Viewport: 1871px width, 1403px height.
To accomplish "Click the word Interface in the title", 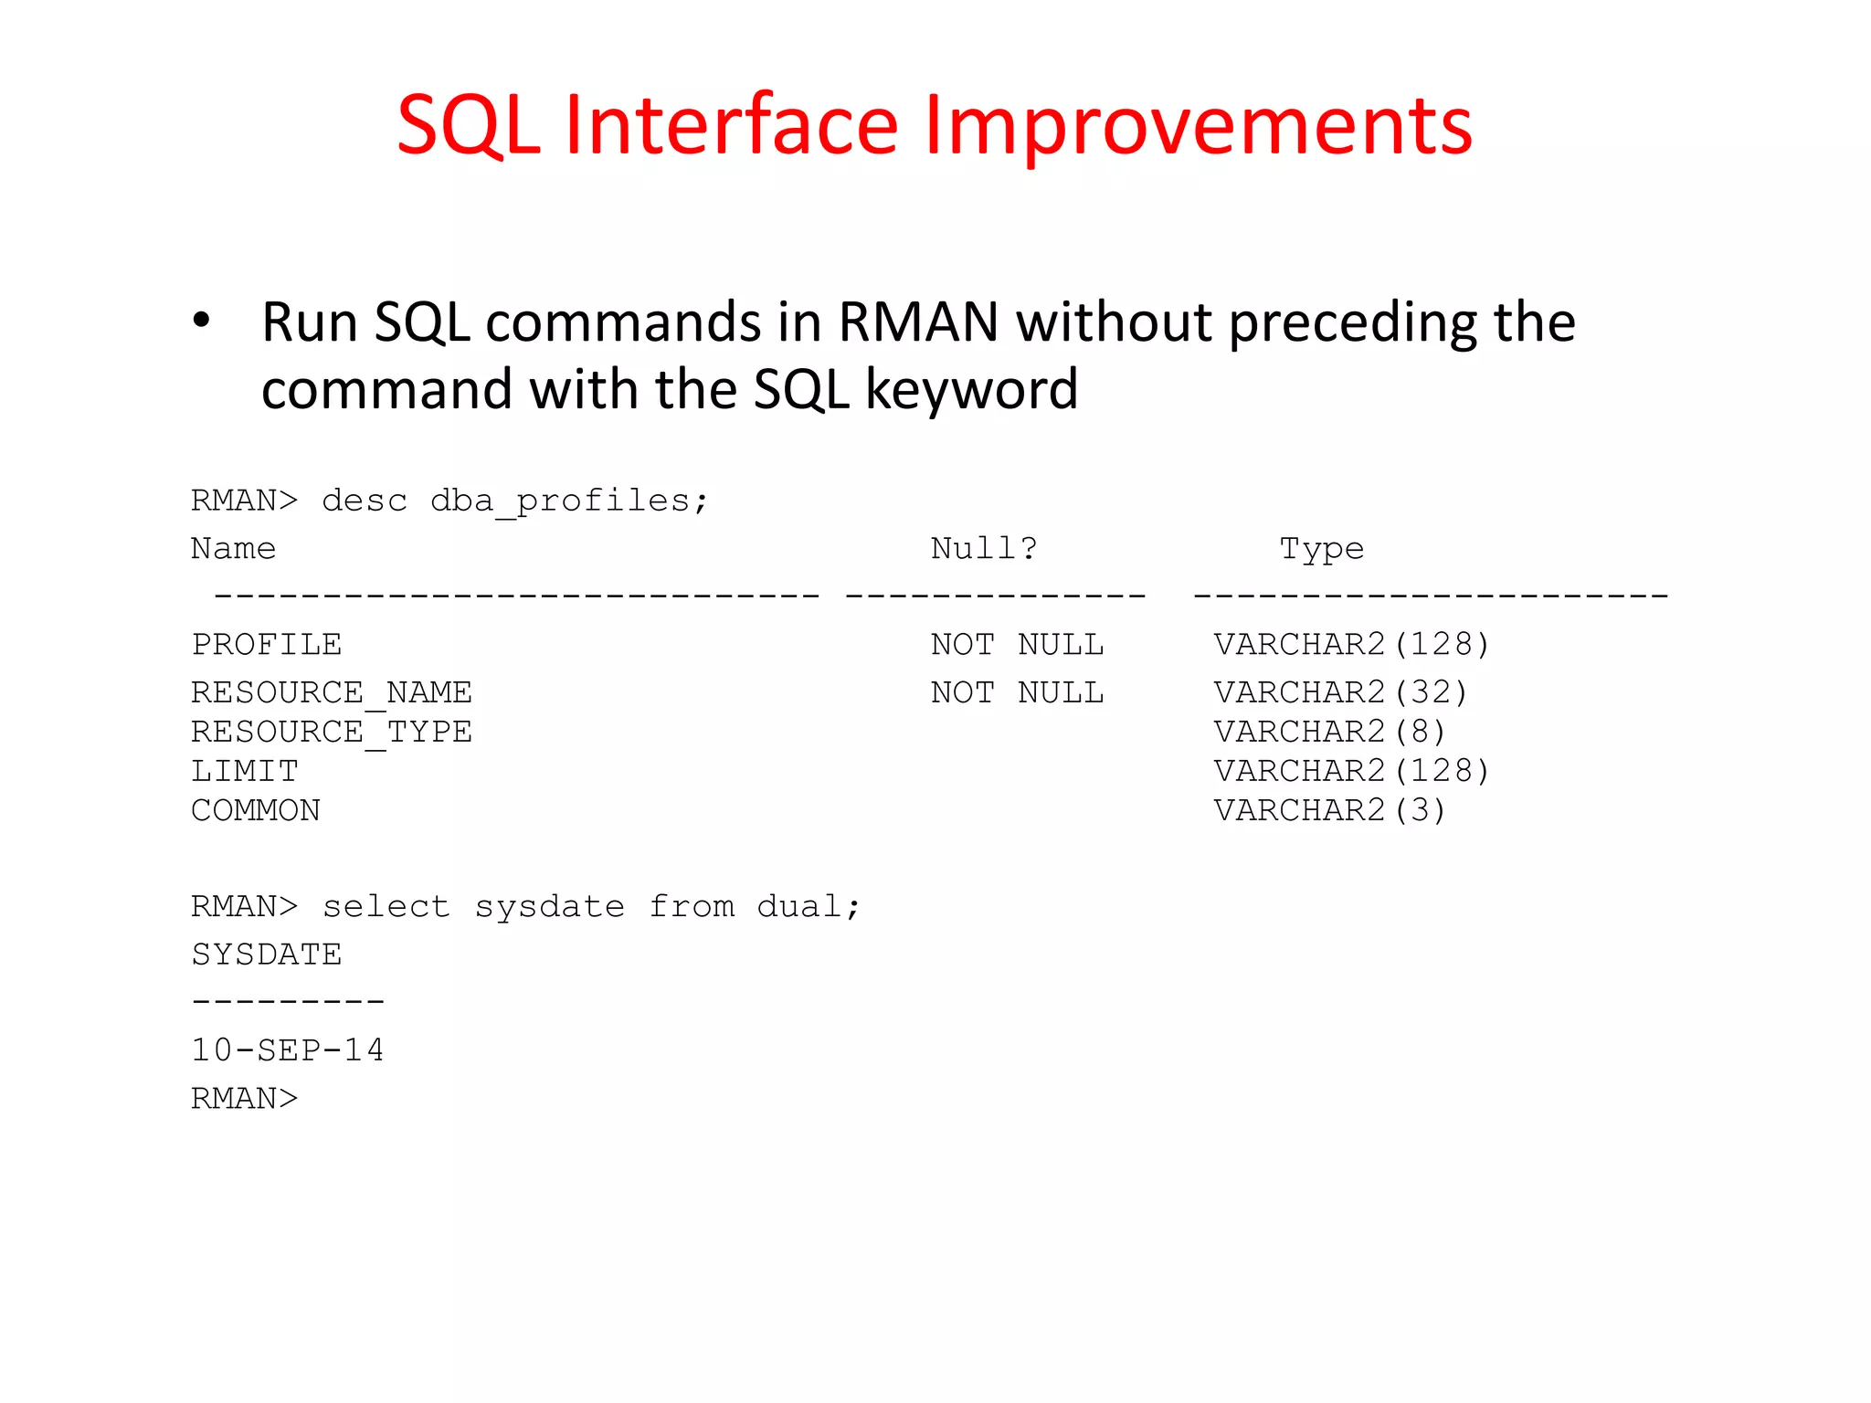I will point(731,125).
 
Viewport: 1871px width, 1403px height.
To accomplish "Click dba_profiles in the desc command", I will point(560,501).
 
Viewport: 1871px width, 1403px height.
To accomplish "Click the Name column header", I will point(233,548).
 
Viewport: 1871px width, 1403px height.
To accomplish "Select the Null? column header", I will point(984,548).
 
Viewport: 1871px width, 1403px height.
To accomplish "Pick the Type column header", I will point(1321,548).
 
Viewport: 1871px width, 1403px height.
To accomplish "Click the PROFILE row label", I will point(267,645).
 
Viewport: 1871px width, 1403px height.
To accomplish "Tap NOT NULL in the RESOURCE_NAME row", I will point(1017,692).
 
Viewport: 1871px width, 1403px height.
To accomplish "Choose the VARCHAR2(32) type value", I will point(1340,692).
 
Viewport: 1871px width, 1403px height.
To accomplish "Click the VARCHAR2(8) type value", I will point(1329,732).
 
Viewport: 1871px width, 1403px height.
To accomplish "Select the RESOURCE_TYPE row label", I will point(331,732).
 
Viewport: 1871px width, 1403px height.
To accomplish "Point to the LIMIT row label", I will point(244,771).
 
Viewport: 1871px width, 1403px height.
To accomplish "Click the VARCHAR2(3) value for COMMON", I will point(1329,810).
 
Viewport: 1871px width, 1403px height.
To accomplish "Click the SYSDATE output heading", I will point(267,955).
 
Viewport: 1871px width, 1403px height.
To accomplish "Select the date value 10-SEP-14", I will point(288,1050).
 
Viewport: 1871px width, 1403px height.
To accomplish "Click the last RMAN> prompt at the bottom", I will point(244,1098).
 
